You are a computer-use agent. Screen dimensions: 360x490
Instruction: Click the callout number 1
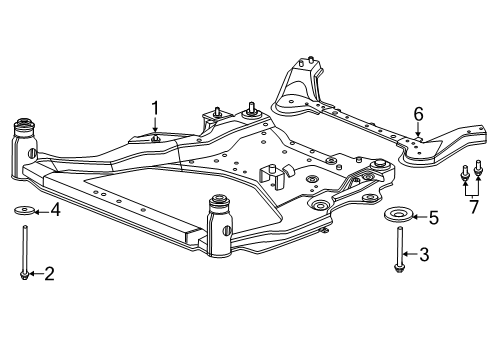point(155,108)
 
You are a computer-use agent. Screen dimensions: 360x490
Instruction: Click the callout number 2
point(47,273)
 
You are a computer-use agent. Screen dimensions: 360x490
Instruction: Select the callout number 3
point(423,255)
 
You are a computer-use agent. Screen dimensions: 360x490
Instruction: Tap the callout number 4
point(56,210)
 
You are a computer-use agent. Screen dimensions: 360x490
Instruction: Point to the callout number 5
point(432,216)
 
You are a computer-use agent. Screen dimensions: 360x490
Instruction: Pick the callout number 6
point(419,114)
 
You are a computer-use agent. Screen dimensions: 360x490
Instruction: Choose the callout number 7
point(473,206)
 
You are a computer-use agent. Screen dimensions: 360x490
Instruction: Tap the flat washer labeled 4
point(25,210)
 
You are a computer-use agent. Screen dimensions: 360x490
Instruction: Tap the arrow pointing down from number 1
point(155,128)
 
